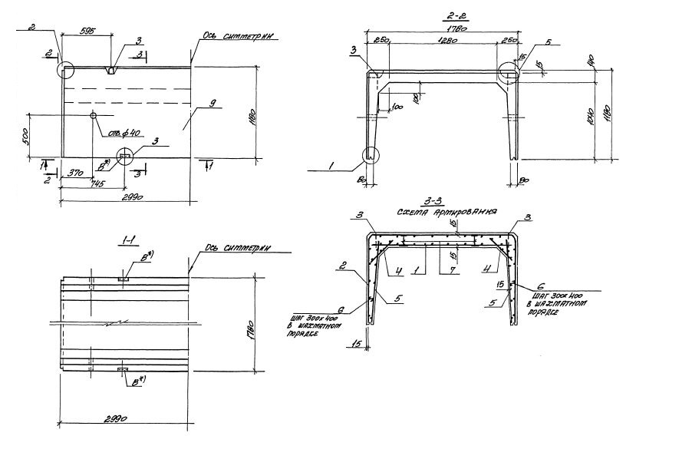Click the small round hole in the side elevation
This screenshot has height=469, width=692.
(x=93, y=115)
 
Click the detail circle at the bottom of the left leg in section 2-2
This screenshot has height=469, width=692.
(x=371, y=157)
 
